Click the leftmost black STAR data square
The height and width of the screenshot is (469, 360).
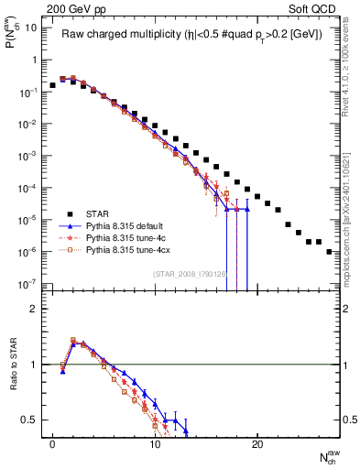pyautogui.click(x=52, y=85)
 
